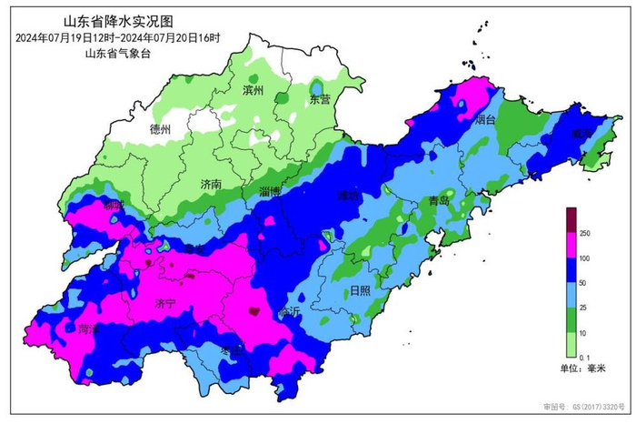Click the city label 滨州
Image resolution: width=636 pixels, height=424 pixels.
click(x=253, y=91)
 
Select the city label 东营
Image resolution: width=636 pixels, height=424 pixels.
click(x=321, y=98)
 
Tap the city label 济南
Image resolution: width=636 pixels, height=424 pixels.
click(x=212, y=184)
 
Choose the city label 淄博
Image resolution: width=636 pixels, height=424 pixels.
click(x=270, y=192)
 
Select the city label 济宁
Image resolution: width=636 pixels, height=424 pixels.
click(x=165, y=302)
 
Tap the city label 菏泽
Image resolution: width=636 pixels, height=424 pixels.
click(x=88, y=329)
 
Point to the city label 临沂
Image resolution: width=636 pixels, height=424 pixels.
click(x=290, y=311)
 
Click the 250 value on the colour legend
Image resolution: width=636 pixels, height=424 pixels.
click(x=585, y=234)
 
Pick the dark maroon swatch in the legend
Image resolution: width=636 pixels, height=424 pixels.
click(x=571, y=219)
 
